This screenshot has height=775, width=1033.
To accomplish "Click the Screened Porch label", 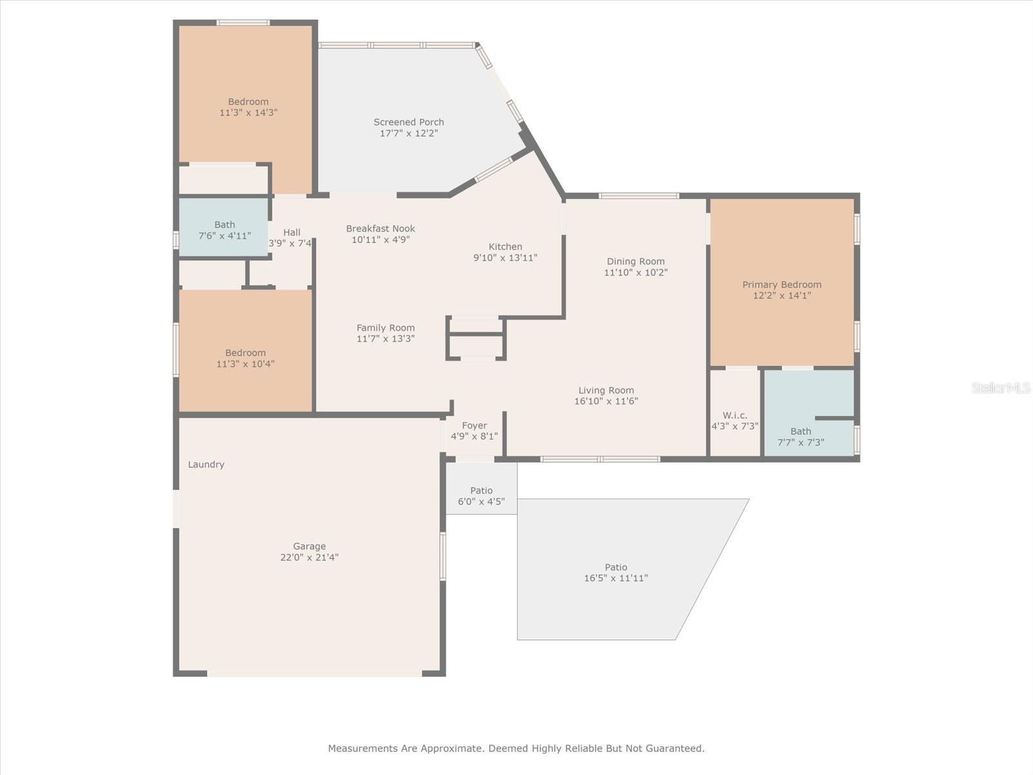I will coord(409,122).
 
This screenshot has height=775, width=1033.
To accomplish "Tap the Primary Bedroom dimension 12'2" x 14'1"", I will coord(781,296).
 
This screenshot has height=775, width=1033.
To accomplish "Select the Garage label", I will coord(309,546).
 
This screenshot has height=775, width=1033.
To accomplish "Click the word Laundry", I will coord(206,464).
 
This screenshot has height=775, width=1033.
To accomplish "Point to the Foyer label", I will coord(474,426).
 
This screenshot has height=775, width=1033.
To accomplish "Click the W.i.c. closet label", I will coord(735,415).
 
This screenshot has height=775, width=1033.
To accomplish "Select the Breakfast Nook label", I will coord(380,229).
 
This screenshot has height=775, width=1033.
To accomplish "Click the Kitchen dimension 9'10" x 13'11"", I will coord(505,258).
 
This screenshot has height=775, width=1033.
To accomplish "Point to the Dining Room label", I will coord(635,262).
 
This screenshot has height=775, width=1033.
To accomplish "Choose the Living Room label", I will coord(606,390).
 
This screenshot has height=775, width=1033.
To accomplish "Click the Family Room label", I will coord(385,328).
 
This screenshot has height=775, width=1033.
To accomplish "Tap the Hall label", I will coord(292,232).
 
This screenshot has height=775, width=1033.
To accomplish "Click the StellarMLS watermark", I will coord(1000,387).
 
